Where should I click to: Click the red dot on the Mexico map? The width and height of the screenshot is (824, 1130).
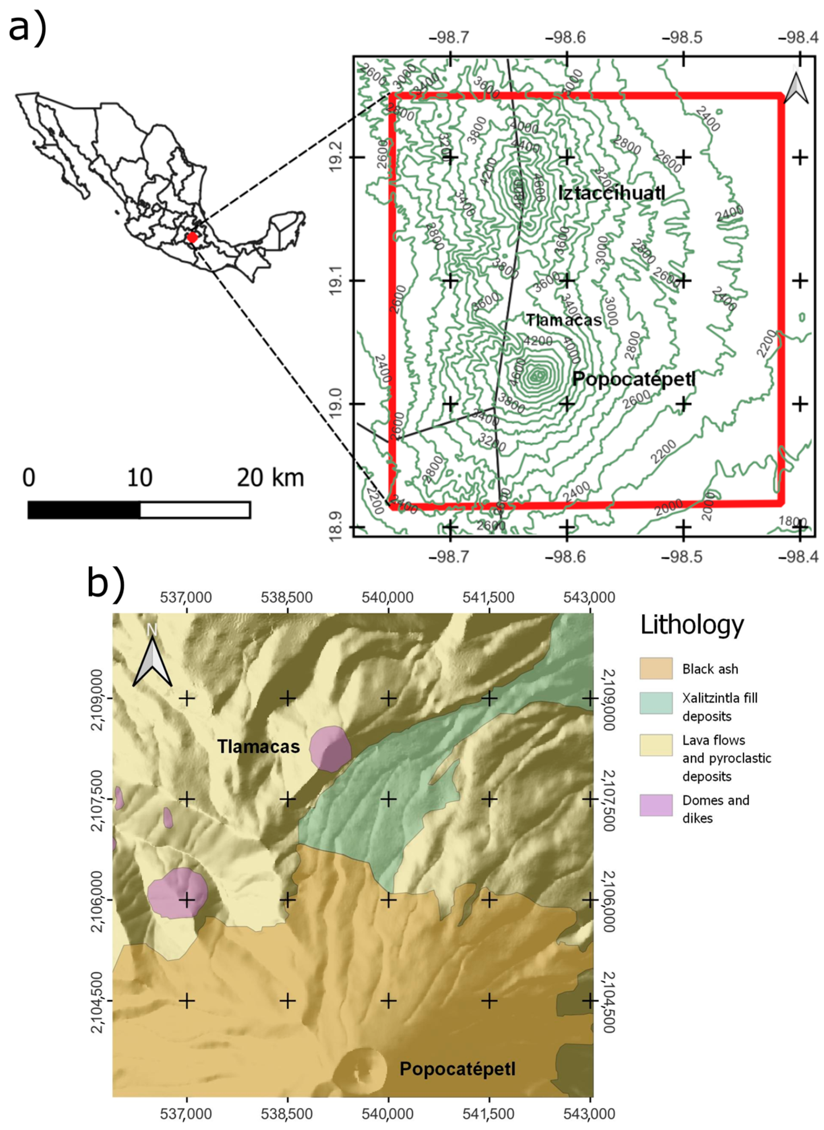click(x=192, y=237)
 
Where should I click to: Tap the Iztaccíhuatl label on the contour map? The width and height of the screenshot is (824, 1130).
click(x=612, y=193)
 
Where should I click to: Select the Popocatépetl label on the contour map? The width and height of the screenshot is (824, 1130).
click(x=633, y=379)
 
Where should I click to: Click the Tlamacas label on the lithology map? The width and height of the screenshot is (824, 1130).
click(x=258, y=746)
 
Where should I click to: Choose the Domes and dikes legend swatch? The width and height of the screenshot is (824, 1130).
click(x=656, y=805)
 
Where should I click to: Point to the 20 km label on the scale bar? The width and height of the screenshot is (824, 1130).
click(x=270, y=478)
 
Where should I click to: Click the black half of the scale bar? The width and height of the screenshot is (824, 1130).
click(x=84, y=510)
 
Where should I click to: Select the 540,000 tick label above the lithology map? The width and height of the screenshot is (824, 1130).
click(x=388, y=597)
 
